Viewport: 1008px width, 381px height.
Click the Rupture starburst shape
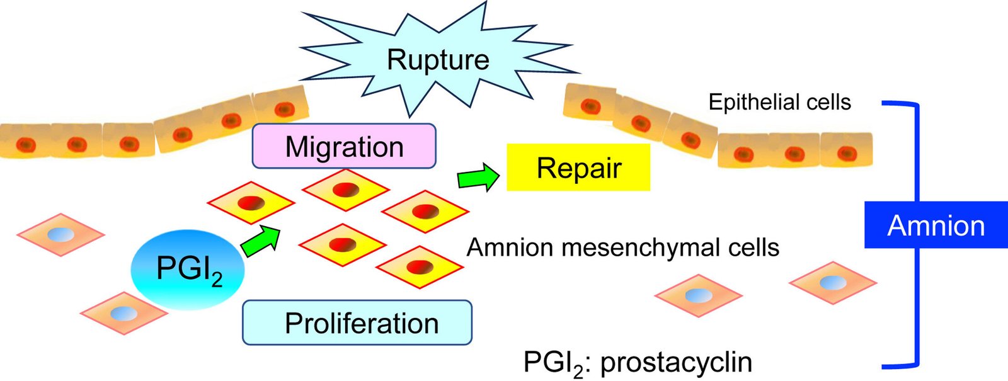pyautogui.click(x=437, y=60)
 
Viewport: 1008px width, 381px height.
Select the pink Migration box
pyautogui.click(x=344, y=146)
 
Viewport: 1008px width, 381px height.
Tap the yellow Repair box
pyautogui.click(x=578, y=168)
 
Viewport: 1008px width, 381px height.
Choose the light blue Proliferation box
pyautogui.click(x=357, y=322)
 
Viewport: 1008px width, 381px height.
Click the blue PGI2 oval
pyautogui.click(x=187, y=270)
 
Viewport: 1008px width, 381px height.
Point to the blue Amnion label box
pyautogui.click(x=936, y=225)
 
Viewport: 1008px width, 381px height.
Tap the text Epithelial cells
pyautogui.click(x=779, y=102)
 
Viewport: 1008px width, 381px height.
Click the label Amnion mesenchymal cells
pyautogui.click(x=622, y=247)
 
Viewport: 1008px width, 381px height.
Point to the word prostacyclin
pyautogui.click(x=676, y=362)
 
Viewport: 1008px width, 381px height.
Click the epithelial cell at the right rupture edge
pyautogui.click(x=589, y=102)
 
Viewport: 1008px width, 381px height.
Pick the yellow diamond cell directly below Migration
pyautogui.click(x=345, y=189)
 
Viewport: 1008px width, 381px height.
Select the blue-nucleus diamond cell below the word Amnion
pyautogui.click(x=833, y=283)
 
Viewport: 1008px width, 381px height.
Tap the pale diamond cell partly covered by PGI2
pyautogui.click(x=123, y=312)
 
